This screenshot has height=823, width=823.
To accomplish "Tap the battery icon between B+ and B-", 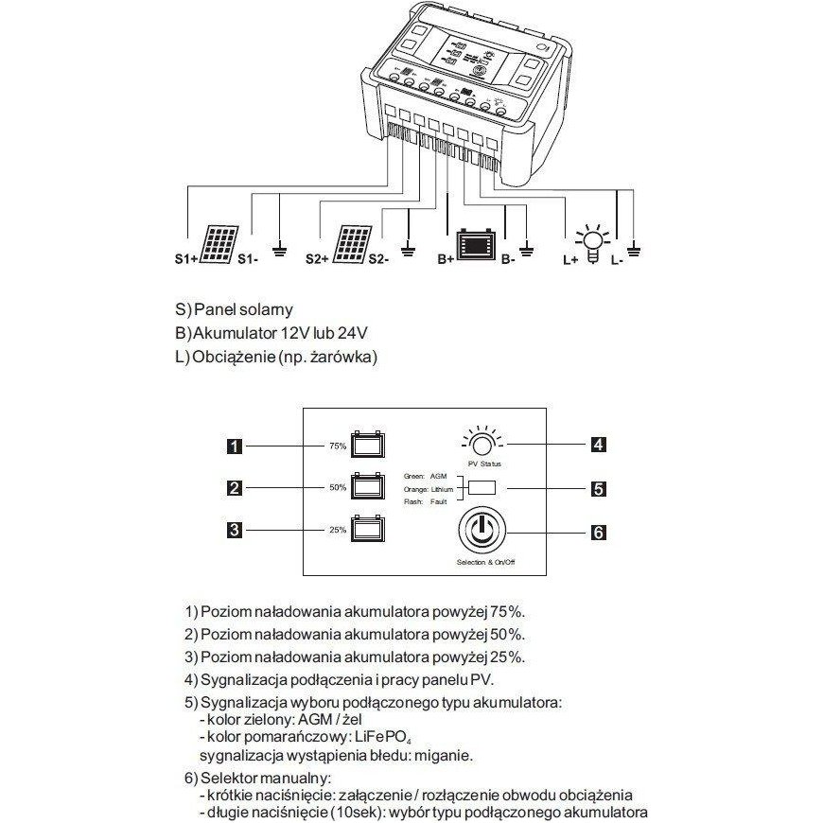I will click(x=476, y=245).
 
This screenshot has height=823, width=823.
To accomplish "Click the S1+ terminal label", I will click(x=185, y=258).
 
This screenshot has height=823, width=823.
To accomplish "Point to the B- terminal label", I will click(x=508, y=258).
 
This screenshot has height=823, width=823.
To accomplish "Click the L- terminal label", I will click(x=617, y=258).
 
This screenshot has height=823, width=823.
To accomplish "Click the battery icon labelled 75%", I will click(x=367, y=444).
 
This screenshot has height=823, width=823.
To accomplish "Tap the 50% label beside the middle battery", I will click(x=337, y=487).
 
